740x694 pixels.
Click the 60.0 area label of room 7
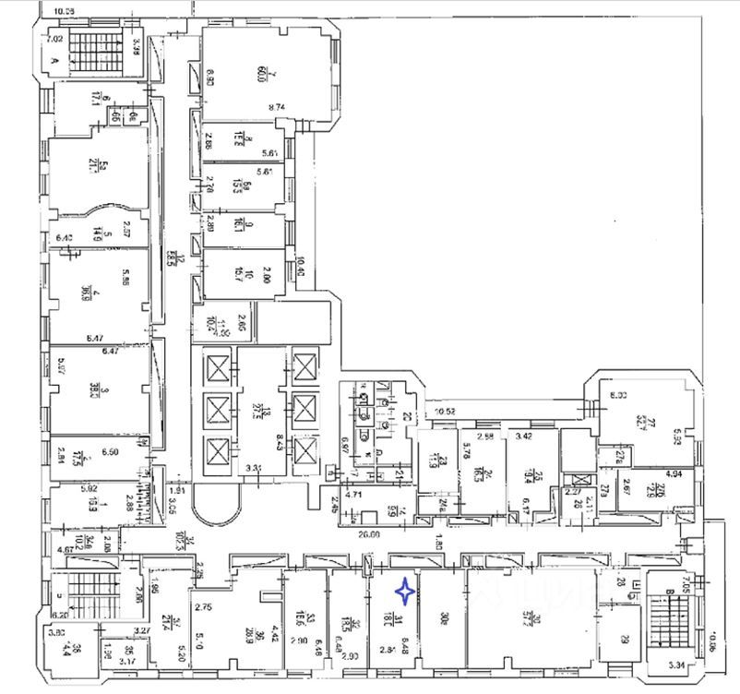click(x=245, y=73)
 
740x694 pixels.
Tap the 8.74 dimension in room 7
click(x=276, y=108)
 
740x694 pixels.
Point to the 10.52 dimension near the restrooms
click(x=448, y=412)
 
